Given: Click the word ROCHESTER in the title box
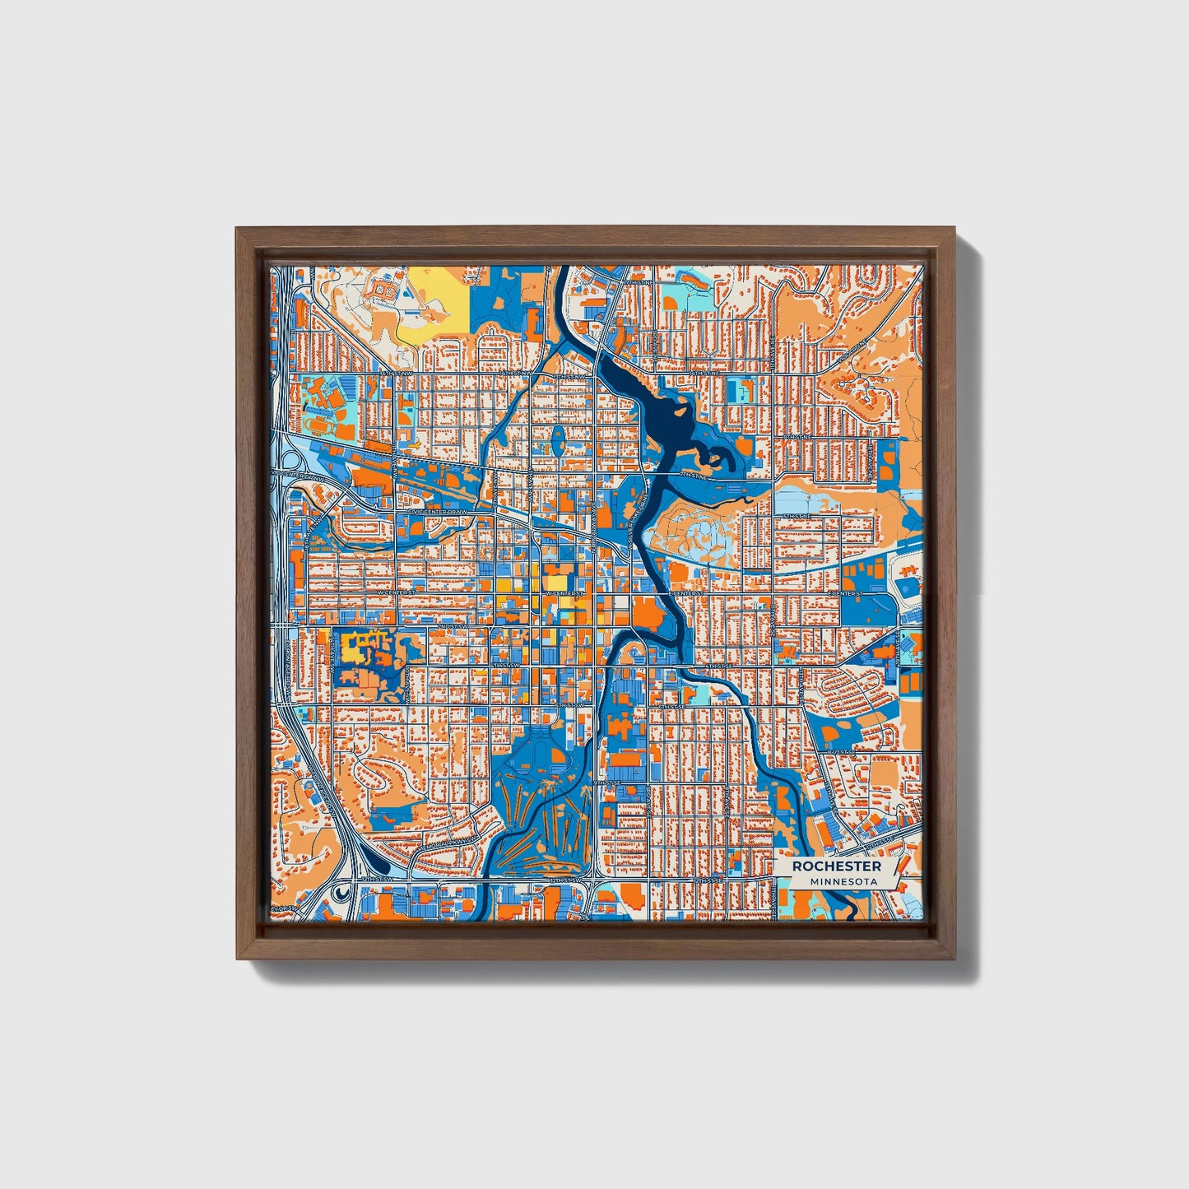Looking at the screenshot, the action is [x=837, y=866].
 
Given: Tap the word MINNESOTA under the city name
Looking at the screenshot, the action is [x=843, y=881].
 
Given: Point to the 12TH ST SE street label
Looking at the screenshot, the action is [x=709, y=880].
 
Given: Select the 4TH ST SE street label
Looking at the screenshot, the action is [x=718, y=665].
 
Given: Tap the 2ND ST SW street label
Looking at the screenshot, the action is [x=452, y=627].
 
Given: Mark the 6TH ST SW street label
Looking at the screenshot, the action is [x=570, y=705].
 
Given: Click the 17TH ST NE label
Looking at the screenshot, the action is [x=638, y=282].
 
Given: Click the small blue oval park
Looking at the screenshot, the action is [x=558, y=439].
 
